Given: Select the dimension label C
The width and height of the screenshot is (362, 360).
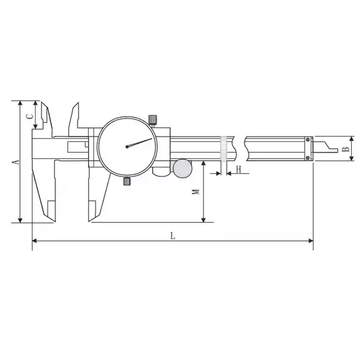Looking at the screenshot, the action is point(30,116).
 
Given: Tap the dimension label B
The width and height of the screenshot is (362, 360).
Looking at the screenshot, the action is point(346,149).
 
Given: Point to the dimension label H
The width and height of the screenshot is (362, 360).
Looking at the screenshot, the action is point(238,169).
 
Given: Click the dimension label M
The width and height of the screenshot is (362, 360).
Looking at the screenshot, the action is point(195,191).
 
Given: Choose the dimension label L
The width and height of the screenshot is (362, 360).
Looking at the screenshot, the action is point(173,236).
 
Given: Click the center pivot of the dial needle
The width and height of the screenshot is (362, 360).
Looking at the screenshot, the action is point(127,147).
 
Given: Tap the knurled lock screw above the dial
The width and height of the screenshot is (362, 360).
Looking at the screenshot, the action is point(153,120).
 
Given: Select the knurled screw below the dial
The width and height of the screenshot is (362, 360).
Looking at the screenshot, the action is point(127,181).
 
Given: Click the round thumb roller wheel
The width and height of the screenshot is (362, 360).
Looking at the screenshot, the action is point(183,169).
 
